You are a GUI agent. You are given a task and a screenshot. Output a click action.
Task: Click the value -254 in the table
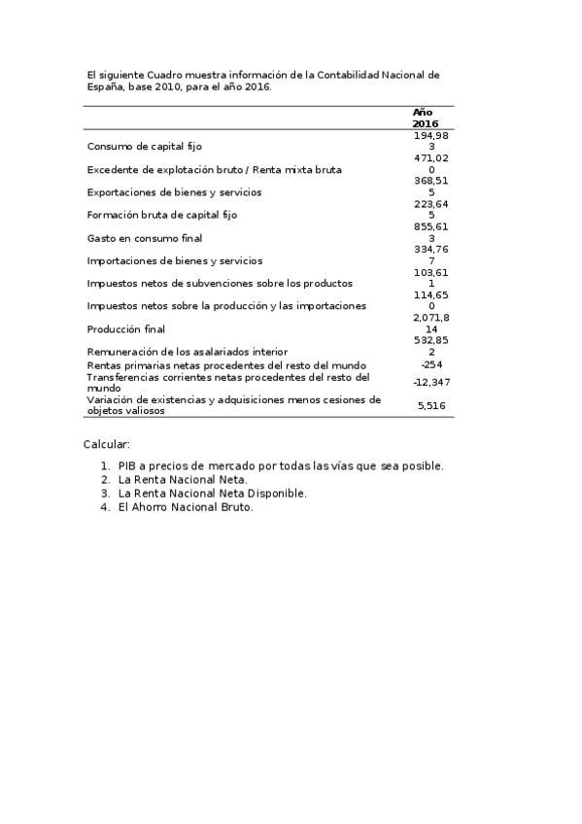click(x=431, y=364)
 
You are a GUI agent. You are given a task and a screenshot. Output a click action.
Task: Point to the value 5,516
click(x=431, y=405)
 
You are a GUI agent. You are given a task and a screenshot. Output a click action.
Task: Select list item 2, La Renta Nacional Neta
click(x=183, y=479)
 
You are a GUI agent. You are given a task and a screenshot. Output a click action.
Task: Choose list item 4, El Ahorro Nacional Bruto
click(x=186, y=506)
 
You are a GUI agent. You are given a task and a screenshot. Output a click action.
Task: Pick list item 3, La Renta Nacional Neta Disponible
click(x=212, y=493)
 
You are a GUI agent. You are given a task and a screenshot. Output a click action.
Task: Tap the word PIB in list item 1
click(x=128, y=465)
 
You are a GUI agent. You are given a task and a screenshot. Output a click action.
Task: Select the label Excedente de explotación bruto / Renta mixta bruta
click(x=214, y=170)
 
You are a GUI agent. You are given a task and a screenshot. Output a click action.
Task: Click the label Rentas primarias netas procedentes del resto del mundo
click(x=226, y=364)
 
